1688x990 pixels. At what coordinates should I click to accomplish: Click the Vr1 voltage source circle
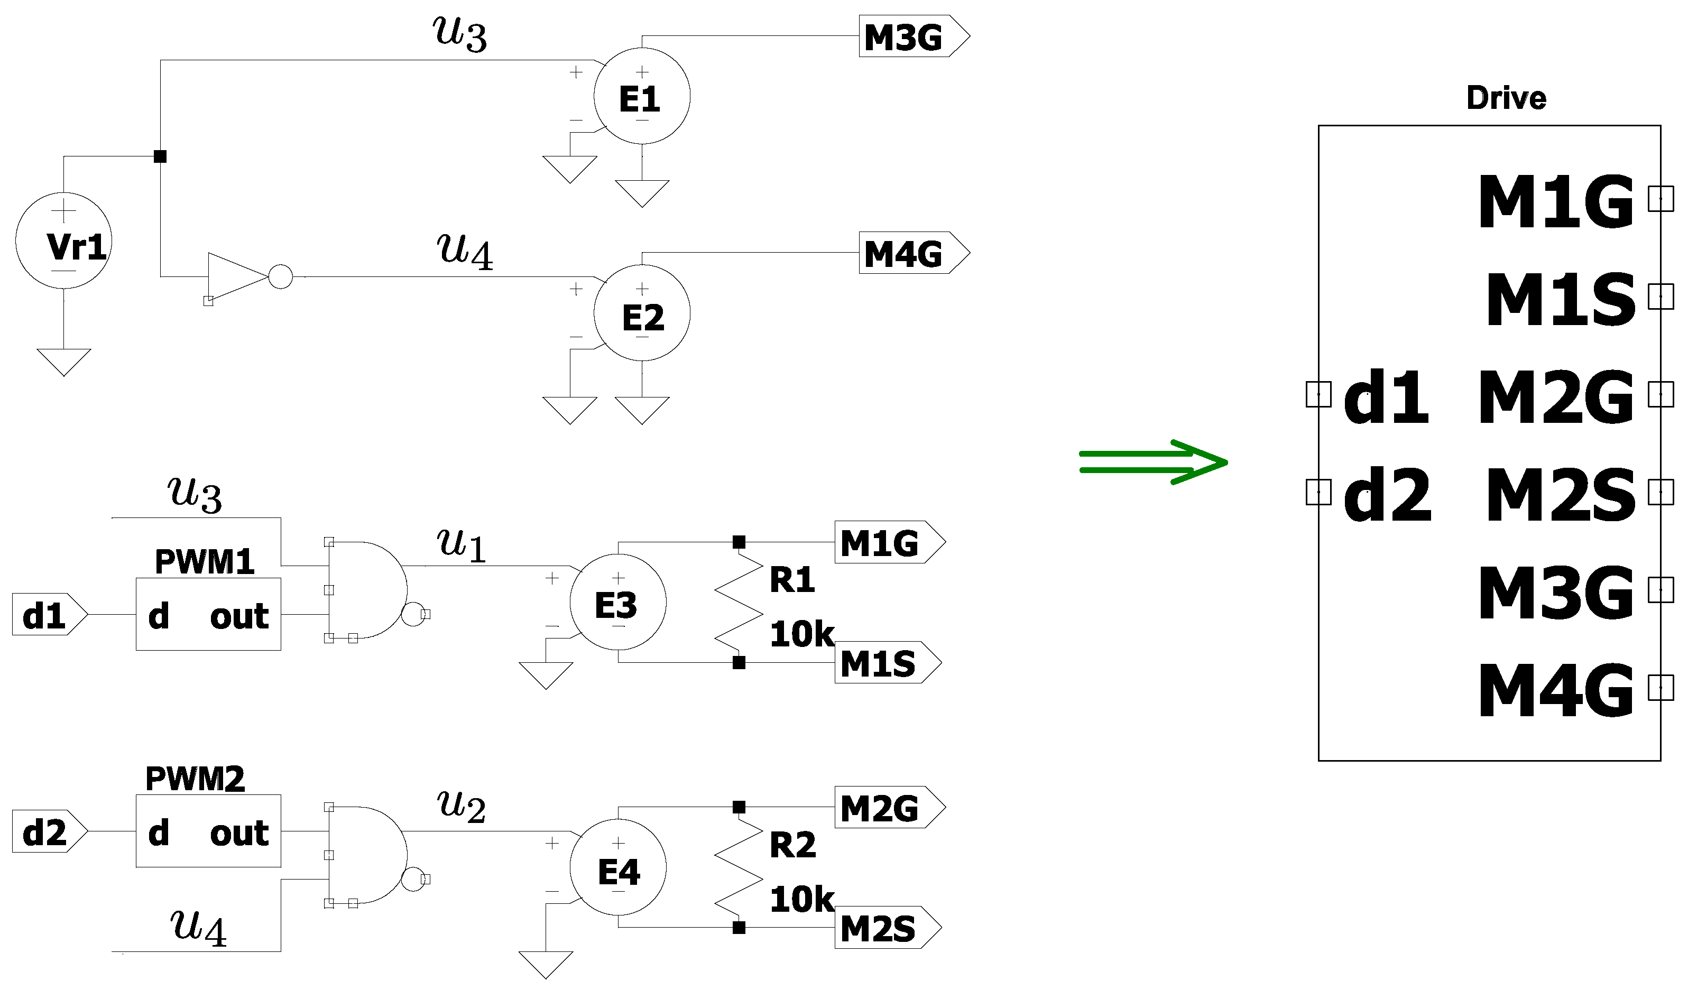point(63,240)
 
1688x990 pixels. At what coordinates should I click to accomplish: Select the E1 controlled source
point(642,96)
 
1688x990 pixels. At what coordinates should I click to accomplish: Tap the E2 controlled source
point(642,313)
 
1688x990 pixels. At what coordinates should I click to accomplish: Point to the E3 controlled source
point(617,602)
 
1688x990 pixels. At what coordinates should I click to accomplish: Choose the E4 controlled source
point(617,867)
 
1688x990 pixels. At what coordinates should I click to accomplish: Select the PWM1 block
point(208,614)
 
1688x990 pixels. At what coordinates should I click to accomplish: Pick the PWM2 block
point(208,831)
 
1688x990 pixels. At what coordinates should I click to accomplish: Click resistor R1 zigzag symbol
point(739,602)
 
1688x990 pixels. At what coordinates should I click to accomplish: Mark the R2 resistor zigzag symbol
point(739,867)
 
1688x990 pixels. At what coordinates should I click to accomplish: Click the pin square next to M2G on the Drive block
point(1661,394)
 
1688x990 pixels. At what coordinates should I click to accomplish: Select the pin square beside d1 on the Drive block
point(1318,394)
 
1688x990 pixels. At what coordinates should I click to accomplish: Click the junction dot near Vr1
point(160,156)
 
